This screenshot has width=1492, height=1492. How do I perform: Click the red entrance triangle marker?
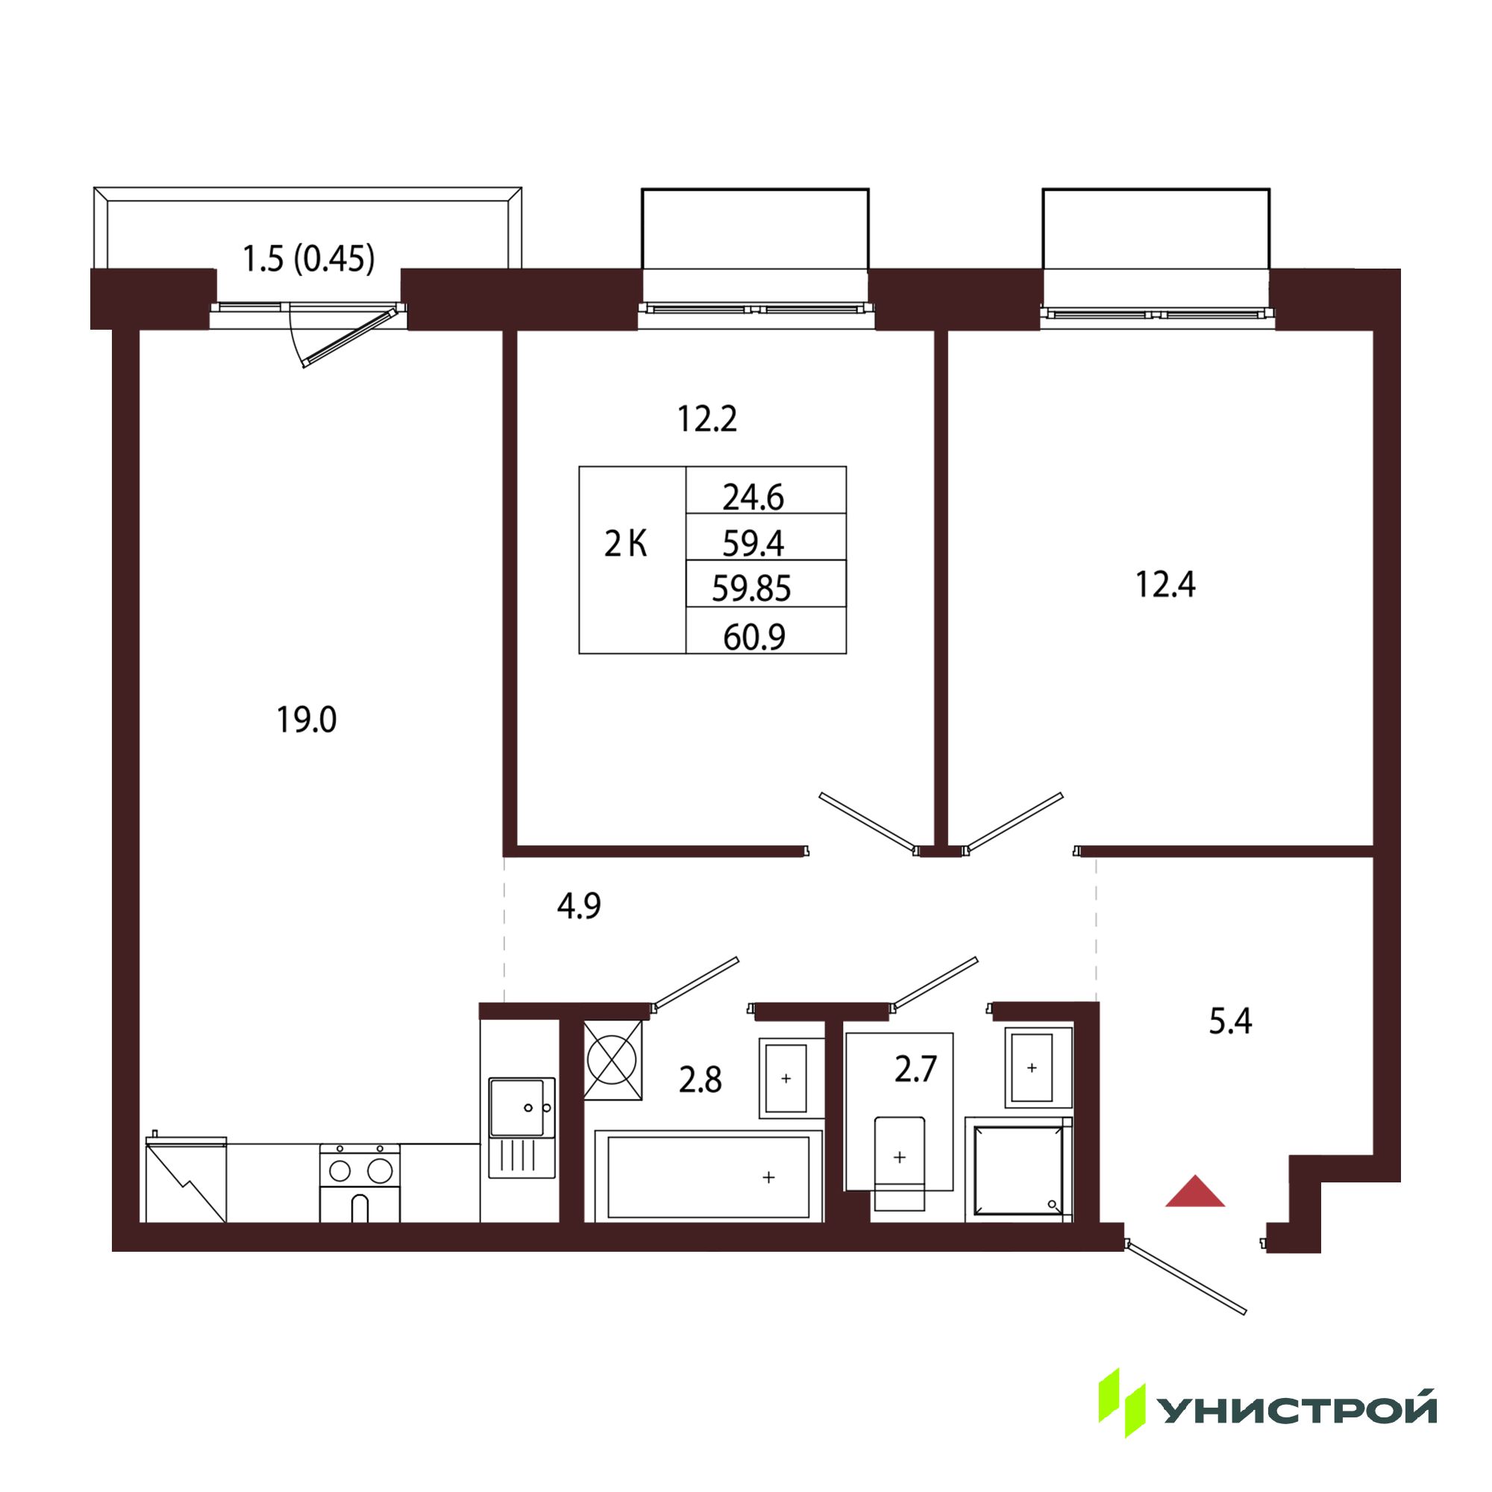pos(1194,1191)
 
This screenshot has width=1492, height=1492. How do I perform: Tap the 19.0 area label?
pos(307,720)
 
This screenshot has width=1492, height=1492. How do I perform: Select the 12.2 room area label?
pos(706,419)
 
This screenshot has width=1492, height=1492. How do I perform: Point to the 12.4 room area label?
pos(1165,585)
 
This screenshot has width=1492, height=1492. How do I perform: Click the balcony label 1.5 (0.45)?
pos(308,259)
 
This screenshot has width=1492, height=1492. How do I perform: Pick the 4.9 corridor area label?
pos(579,906)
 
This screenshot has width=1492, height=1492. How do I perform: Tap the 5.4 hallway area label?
pos(1230,1021)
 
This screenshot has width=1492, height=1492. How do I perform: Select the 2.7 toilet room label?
pos(915,1070)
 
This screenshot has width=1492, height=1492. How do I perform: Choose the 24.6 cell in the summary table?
pos(753,498)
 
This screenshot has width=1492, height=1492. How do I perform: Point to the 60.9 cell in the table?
pos(754,637)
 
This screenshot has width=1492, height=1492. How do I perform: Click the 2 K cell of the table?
pos(626,545)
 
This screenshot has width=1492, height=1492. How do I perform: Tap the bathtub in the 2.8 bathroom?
pos(708,1176)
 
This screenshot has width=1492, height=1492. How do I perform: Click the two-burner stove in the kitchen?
pos(360,1183)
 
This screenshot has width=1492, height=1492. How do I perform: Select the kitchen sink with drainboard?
pos(522,1127)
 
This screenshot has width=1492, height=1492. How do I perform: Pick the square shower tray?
pos(1018,1169)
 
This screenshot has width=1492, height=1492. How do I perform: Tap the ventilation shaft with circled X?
pos(613,1060)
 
